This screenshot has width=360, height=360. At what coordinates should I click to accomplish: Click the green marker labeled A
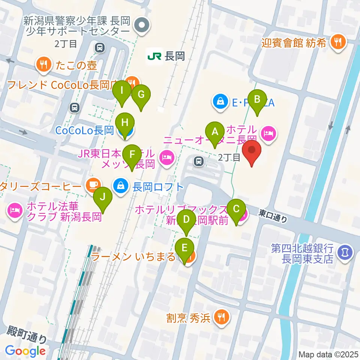(x=215, y=132)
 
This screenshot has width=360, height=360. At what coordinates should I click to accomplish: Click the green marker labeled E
(x=185, y=249)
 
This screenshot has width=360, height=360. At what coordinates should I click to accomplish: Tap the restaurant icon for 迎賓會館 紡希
(x=338, y=42)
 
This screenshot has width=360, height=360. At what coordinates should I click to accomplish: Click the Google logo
(x=25, y=351)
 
